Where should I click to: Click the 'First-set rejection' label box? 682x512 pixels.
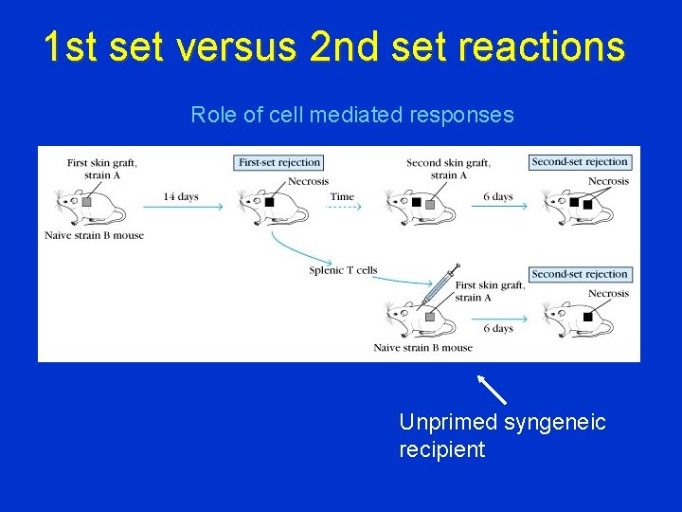pos(279,163)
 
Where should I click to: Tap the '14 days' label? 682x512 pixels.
pos(181,196)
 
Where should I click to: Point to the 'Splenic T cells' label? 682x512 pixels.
pos(343,270)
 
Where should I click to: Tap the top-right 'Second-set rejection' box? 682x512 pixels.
pos(580,162)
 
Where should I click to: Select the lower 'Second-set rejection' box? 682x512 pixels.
pos(580,274)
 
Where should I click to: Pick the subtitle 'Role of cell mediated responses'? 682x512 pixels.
pos(352,116)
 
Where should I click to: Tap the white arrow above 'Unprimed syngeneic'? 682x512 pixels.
pos(492,390)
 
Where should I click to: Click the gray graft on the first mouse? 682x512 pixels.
pos(86,202)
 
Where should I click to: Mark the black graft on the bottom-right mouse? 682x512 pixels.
pos(587,318)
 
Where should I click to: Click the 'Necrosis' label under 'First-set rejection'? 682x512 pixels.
pos(308,181)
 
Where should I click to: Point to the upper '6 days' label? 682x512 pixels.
pos(497,196)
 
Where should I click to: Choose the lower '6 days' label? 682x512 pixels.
pos(497,328)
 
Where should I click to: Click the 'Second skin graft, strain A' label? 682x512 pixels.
pos(448,169)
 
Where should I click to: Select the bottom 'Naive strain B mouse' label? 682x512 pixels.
pos(422,348)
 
